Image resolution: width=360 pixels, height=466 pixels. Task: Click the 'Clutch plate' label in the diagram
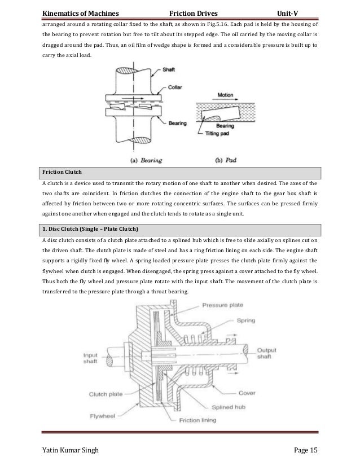(108, 394)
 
